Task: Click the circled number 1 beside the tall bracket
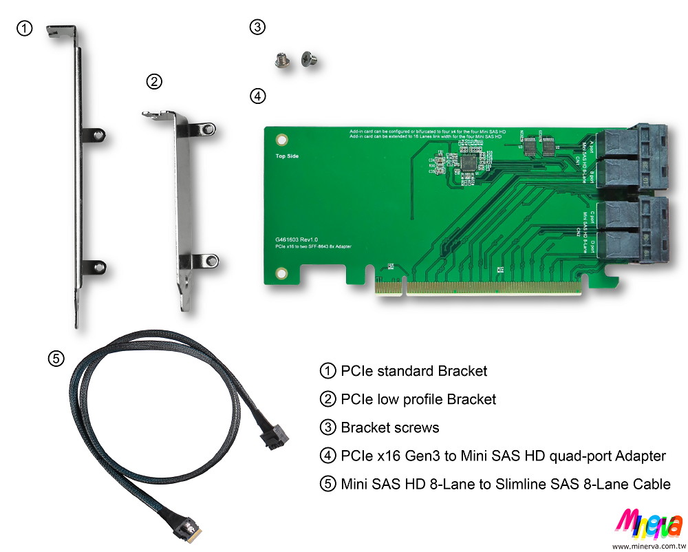click(x=24, y=28)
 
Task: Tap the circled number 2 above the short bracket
click(x=155, y=82)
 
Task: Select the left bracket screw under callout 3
click(x=281, y=61)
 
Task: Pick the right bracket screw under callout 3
click(x=308, y=61)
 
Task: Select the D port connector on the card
click(x=625, y=246)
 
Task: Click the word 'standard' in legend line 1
click(x=406, y=371)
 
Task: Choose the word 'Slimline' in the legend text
click(x=526, y=485)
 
